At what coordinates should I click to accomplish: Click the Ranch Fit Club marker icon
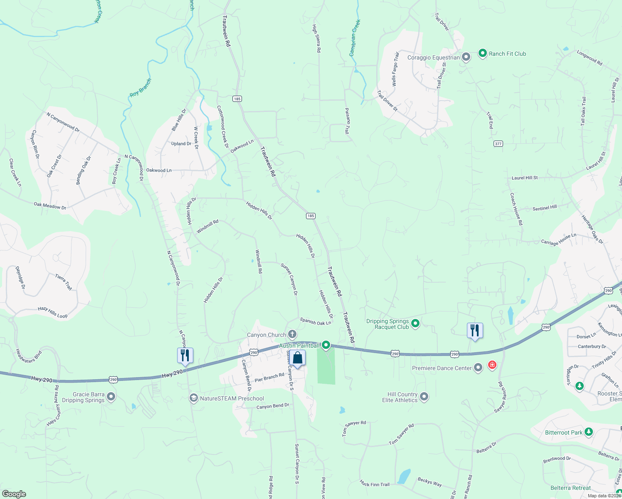point(482,53)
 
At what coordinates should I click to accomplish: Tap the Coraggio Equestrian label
point(433,58)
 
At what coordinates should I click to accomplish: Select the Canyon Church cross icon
point(292,334)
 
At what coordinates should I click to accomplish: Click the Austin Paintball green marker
point(326,345)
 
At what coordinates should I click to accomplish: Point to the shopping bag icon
point(298,358)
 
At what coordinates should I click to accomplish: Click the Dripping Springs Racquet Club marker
point(415,323)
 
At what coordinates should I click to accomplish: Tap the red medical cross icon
point(492,365)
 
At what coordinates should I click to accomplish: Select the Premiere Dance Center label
point(442,368)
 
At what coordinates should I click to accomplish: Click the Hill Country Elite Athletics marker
point(424,397)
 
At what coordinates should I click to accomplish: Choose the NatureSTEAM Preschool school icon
point(193,398)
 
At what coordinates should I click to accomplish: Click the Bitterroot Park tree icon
point(588,432)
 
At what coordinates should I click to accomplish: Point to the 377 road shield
point(498,144)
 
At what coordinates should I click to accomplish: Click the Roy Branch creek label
point(141,88)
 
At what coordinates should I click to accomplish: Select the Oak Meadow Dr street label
point(50,205)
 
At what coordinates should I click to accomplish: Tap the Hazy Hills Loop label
point(52,312)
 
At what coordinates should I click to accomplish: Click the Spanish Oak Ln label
point(316,322)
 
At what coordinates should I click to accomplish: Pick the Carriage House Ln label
point(558,240)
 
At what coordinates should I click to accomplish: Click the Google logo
point(14,494)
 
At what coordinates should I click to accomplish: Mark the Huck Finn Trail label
point(375,484)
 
